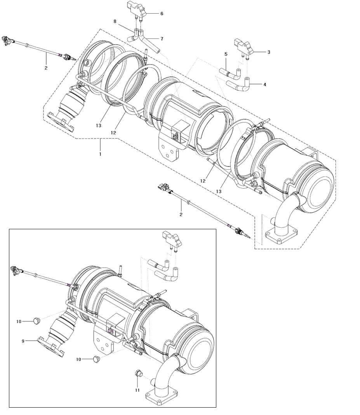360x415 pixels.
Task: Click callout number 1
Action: point(100,154)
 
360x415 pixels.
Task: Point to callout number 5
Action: point(225,54)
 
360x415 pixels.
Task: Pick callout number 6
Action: point(162,14)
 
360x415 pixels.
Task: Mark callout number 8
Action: point(115,22)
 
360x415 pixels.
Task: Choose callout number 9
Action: point(23,341)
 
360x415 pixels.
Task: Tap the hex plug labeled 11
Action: point(137,373)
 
